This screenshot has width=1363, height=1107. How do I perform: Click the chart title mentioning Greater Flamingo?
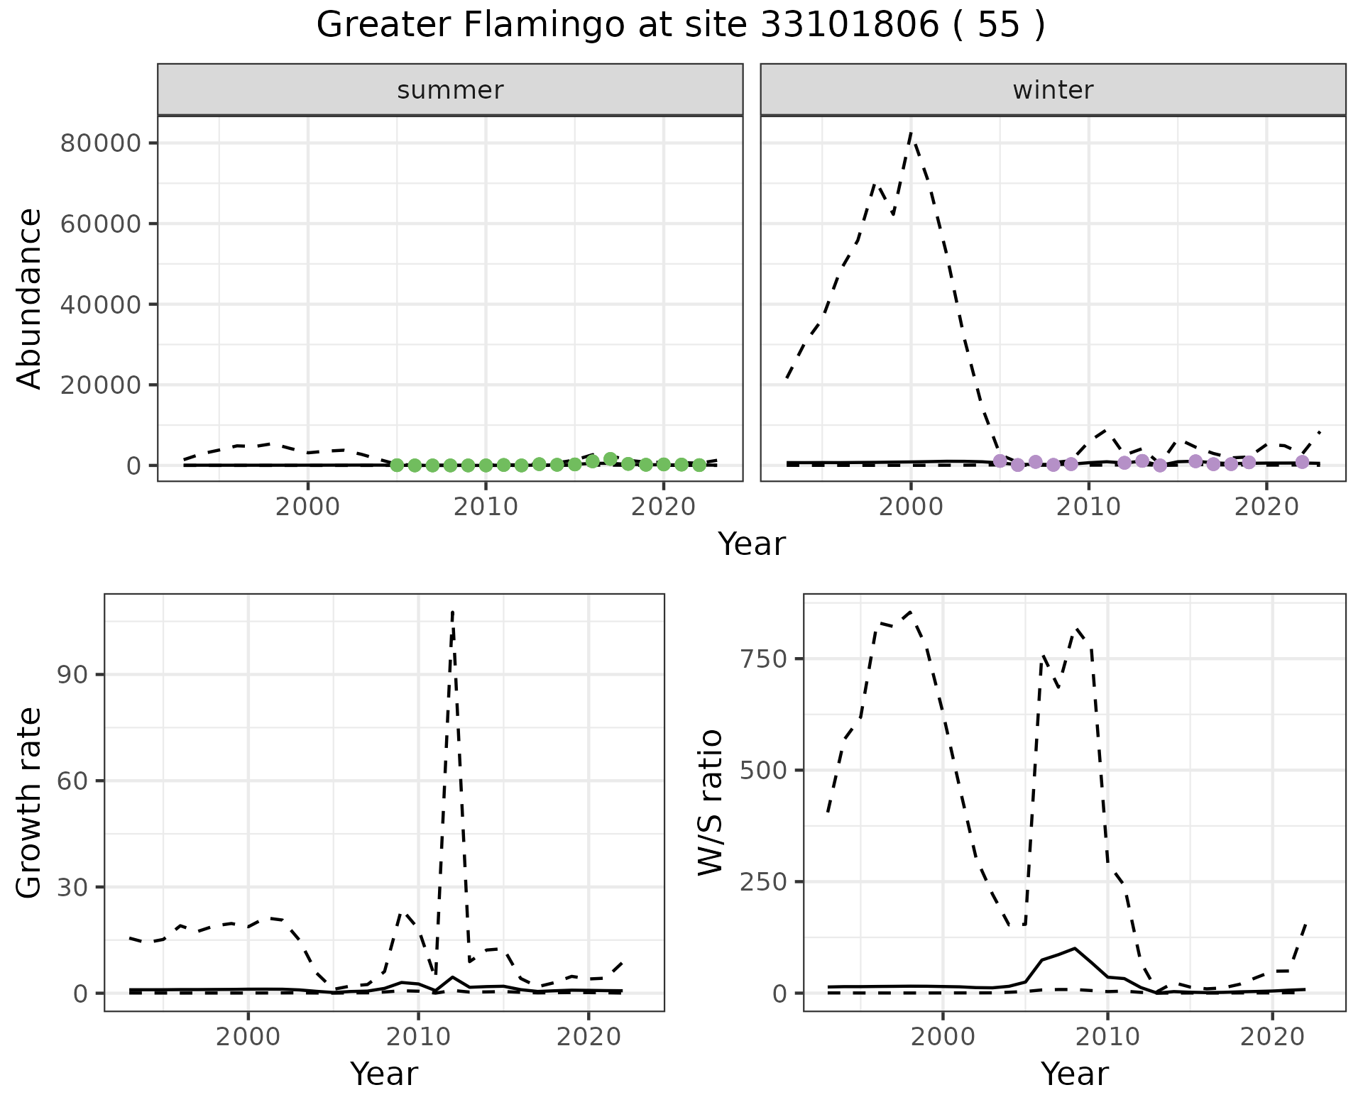click(x=680, y=26)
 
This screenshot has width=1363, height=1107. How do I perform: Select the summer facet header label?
click(x=450, y=90)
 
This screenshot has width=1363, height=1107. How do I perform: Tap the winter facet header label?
click(x=1053, y=90)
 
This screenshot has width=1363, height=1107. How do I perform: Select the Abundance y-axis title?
click(x=30, y=298)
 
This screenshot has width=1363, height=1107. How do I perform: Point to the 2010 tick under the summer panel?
click(x=486, y=507)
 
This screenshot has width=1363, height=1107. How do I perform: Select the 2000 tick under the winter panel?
click(x=911, y=507)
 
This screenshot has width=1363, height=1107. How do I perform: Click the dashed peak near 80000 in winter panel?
click(x=911, y=133)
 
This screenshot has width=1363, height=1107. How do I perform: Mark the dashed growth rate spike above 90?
click(x=453, y=612)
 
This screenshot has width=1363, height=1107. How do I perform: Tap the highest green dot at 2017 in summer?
click(x=610, y=458)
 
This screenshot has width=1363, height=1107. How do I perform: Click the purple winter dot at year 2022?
click(x=1302, y=462)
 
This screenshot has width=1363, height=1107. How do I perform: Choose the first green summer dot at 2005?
click(x=397, y=466)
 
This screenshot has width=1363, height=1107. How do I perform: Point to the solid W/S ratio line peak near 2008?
click(x=1075, y=948)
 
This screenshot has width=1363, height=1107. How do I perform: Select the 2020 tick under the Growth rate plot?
click(x=589, y=1037)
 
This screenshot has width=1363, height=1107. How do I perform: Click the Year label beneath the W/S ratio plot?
click(x=1074, y=1074)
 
